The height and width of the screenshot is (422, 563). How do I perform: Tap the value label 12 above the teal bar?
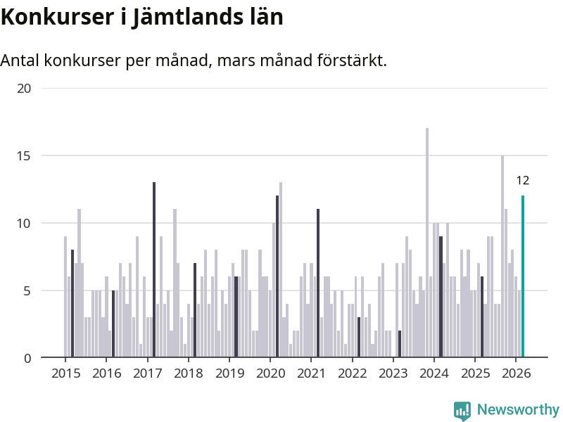522,181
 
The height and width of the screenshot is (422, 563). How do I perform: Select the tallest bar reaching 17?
427,243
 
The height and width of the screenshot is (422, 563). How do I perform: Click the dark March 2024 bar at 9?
441,297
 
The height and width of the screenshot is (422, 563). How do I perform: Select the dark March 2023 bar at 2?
400,344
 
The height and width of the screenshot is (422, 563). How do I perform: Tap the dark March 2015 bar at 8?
72,303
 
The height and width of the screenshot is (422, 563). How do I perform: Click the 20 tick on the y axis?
25,88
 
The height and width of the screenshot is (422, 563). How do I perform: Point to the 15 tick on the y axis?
25,155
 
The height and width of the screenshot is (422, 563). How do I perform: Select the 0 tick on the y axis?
28,358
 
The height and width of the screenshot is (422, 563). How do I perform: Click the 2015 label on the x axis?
65,373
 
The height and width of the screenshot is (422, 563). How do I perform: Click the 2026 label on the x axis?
516,373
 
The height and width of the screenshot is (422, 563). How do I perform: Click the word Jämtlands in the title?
184,17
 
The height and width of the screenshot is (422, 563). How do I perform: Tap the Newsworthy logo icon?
462,411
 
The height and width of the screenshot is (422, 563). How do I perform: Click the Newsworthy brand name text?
518,409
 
